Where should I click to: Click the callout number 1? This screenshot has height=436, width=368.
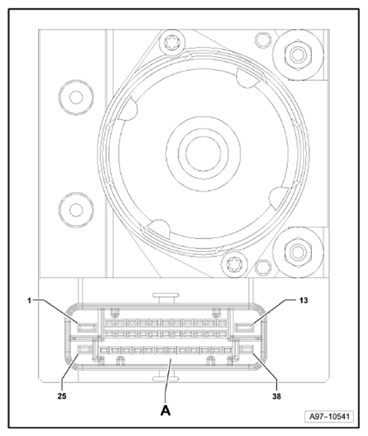click(29, 300)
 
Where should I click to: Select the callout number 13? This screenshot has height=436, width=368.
click(304, 300)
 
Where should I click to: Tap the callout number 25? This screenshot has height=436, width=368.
click(62, 396)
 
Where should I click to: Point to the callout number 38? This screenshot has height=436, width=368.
click(276, 396)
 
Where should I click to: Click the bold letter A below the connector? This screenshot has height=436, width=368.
click(166, 410)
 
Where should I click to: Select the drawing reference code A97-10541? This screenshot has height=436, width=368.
click(329, 416)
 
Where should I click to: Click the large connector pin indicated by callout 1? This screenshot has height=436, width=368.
click(87, 327)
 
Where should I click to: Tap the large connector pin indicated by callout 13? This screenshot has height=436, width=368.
click(245, 327)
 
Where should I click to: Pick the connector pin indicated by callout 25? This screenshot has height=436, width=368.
click(84, 349)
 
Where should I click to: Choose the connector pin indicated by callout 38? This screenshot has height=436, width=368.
click(247, 349)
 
